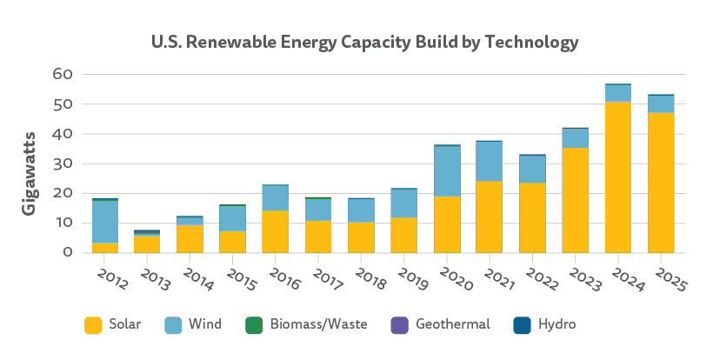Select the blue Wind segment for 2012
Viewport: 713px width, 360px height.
pyautogui.click(x=105, y=222)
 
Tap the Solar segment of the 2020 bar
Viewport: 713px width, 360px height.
pyautogui.click(x=448, y=224)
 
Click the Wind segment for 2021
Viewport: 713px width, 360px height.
pyautogui.click(x=490, y=162)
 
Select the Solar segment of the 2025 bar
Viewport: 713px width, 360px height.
pyautogui.click(x=660, y=183)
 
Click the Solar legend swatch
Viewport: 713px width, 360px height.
pyautogui.click(x=93, y=324)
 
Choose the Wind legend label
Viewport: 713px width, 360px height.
pyautogui.click(x=204, y=324)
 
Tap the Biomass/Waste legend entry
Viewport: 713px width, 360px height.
pyautogui.click(x=317, y=324)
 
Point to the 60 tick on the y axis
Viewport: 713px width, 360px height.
pyautogui.click(x=60, y=75)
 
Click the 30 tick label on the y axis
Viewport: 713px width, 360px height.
pyautogui.click(x=60, y=163)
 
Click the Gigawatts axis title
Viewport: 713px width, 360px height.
pyautogui.click(x=29, y=174)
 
